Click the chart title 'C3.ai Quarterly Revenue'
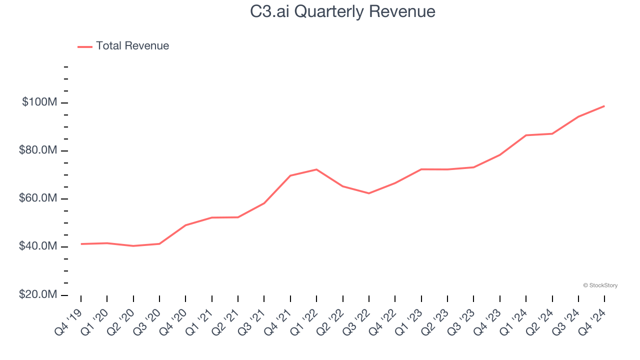click(x=342, y=11)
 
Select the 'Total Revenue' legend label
click(x=132, y=46)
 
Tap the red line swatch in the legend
click(x=85, y=46)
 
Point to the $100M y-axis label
click(x=39, y=102)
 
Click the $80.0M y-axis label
click(x=38, y=150)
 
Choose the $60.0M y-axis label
click(x=38, y=198)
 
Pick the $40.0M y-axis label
click(x=38, y=246)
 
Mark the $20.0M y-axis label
click(x=38, y=294)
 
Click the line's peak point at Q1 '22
click(x=316, y=169)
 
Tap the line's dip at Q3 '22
click(x=369, y=193)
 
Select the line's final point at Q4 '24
click(x=604, y=106)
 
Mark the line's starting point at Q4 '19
click(x=81, y=244)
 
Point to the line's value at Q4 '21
click(x=290, y=175)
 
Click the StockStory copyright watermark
click(x=600, y=285)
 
